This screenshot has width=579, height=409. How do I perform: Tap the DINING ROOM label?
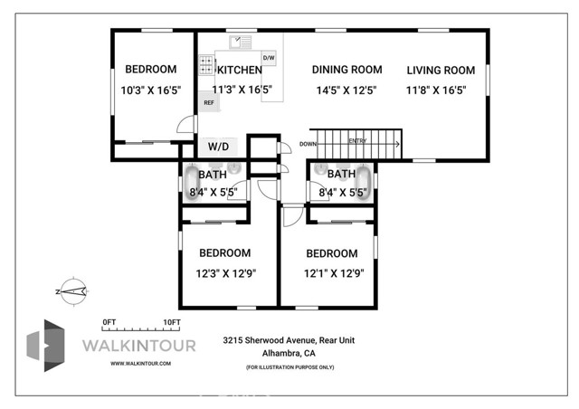346,70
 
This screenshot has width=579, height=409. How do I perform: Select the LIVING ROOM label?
441,70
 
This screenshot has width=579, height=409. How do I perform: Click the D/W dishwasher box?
269,58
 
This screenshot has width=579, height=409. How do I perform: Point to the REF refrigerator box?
208,102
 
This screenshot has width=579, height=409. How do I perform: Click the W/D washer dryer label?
219,146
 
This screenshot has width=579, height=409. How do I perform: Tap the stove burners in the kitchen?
207,65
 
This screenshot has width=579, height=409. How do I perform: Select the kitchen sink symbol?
240,42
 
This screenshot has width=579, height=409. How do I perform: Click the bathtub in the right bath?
364,181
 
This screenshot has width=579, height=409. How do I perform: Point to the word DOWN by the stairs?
308,143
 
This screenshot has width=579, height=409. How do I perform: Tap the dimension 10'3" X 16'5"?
151,90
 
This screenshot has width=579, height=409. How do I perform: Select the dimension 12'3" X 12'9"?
225,272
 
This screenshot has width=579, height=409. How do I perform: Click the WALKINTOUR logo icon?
46,346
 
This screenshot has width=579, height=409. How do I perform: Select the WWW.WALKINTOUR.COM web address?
140,364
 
